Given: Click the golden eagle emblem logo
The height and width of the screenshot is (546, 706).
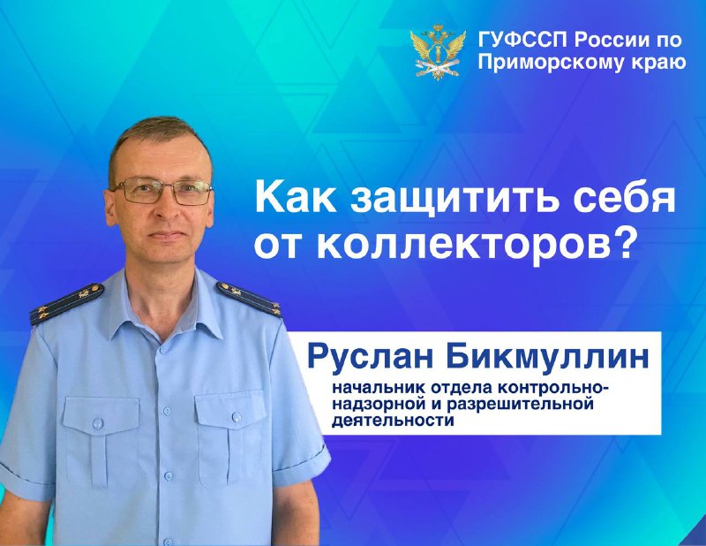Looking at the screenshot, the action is pos(437,52).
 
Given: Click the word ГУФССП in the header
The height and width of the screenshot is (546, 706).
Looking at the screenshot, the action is pos(523,40).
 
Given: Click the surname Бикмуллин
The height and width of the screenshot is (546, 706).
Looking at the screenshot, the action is pos(547,357).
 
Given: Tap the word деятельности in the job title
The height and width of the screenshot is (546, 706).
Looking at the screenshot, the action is pos(393,421).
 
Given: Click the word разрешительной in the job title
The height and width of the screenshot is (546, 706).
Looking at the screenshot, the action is pos(520,405).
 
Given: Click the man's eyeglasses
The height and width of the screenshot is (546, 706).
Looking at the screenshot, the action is pos(163,190).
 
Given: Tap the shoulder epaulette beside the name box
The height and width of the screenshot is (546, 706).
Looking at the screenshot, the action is pos(249,299).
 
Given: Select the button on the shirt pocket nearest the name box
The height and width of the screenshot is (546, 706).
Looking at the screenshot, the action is pos(237,418).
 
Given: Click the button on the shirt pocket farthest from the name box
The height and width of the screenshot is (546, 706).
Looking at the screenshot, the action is pos(97,423).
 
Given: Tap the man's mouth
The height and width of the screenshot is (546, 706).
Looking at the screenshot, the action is pos(167,235).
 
